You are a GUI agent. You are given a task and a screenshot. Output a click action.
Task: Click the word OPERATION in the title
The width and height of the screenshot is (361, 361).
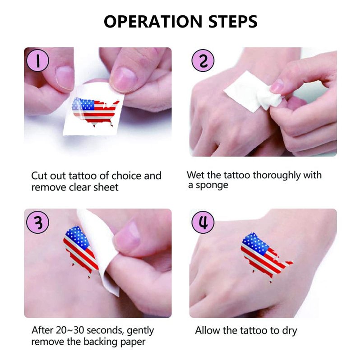coord(153,21)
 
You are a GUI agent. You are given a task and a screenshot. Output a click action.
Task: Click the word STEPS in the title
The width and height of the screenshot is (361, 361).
coord(233,21)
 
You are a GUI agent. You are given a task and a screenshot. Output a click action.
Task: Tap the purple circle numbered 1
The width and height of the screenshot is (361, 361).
coord(38,60)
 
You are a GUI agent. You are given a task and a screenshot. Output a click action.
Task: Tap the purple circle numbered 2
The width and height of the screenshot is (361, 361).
coord(203,60)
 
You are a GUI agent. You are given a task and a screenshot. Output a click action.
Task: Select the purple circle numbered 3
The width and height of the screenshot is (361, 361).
coord(38,222)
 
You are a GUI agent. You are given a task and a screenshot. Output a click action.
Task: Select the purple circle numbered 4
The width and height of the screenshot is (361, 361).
coord(203,222)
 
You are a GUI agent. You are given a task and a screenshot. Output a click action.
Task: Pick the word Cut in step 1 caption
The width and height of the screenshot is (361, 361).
coord(39,176)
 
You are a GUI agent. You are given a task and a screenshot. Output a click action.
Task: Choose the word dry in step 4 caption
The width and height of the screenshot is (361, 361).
coord(289,331)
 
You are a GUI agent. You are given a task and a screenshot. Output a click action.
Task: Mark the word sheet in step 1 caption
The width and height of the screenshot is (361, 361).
coord(106,187)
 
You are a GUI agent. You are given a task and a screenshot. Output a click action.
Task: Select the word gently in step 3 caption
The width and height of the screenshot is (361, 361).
coord(140,331)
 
